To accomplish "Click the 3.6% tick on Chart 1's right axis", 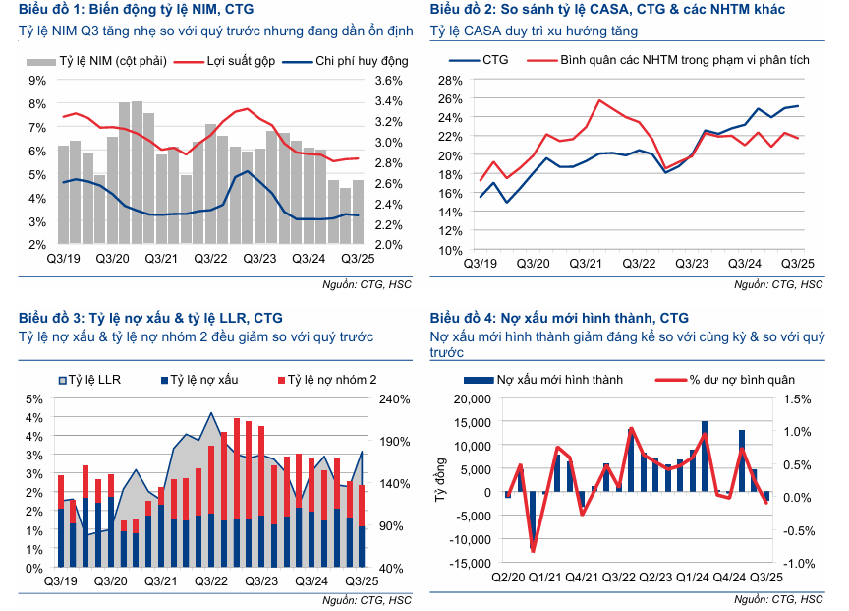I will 389,81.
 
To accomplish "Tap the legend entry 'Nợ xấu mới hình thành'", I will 557,379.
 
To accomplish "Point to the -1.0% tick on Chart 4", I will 797,564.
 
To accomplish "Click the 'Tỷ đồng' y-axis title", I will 438,481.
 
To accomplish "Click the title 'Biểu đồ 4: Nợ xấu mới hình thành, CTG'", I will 559,318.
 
